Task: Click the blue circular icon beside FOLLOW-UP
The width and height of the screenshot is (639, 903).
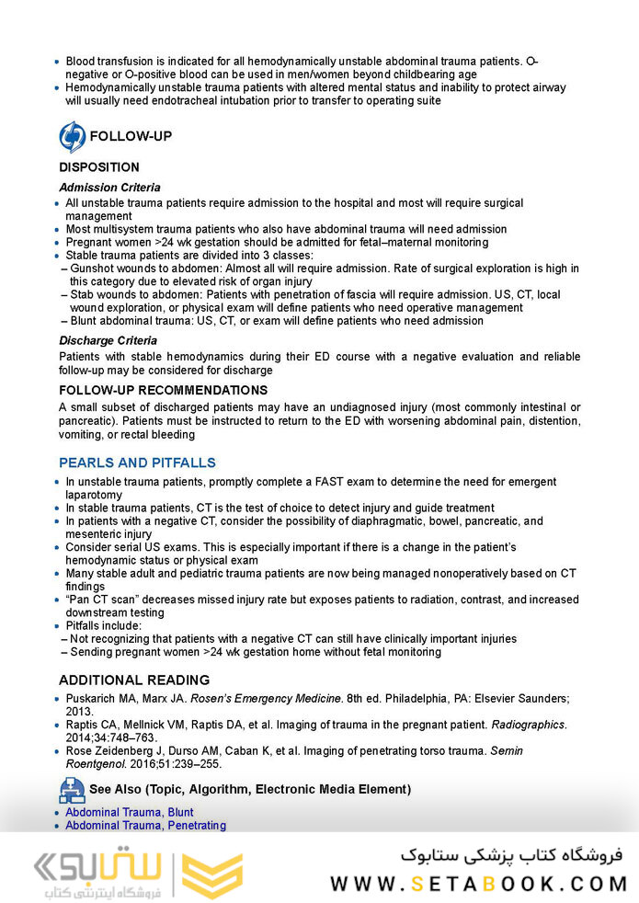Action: coord(72,136)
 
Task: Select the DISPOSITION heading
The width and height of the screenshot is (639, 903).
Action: coord(99,167)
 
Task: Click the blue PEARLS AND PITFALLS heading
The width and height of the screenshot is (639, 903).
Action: coord(137,463)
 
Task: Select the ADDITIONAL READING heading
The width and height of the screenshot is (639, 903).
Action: coord(134,680)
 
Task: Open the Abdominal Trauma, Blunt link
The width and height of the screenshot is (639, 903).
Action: coord(129,813)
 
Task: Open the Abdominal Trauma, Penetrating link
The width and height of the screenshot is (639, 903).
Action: coord(145,826)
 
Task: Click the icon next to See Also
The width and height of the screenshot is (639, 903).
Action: coord(72,789)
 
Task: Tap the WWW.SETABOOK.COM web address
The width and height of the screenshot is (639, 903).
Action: coord(478,884)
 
